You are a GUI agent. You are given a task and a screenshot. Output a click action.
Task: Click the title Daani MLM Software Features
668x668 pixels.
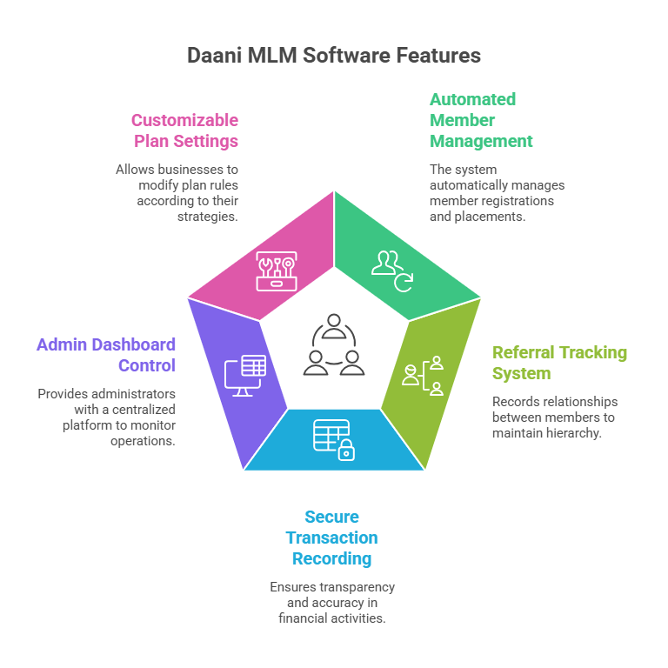[334, 56]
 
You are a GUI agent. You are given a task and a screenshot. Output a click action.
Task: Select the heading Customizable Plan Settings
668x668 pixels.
[184, 130]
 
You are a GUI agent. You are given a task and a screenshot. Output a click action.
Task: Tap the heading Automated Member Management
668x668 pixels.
[480, 120]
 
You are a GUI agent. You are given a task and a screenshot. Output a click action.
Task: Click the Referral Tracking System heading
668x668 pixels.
[559, 363]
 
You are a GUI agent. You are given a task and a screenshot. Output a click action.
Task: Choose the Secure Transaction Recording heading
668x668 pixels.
[331, 538]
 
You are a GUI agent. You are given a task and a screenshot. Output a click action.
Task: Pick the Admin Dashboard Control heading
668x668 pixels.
[106, 355]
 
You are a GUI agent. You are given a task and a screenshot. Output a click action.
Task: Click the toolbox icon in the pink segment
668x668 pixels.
[276, 271]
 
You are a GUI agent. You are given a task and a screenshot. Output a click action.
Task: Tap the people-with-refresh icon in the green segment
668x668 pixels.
[392, 269]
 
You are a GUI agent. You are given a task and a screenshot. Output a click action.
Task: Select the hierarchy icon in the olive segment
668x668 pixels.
[424, 375]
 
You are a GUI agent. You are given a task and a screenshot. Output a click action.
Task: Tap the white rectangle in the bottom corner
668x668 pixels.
[588, 641]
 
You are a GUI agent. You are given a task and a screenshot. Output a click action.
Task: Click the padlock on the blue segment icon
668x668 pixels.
[346, 451]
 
